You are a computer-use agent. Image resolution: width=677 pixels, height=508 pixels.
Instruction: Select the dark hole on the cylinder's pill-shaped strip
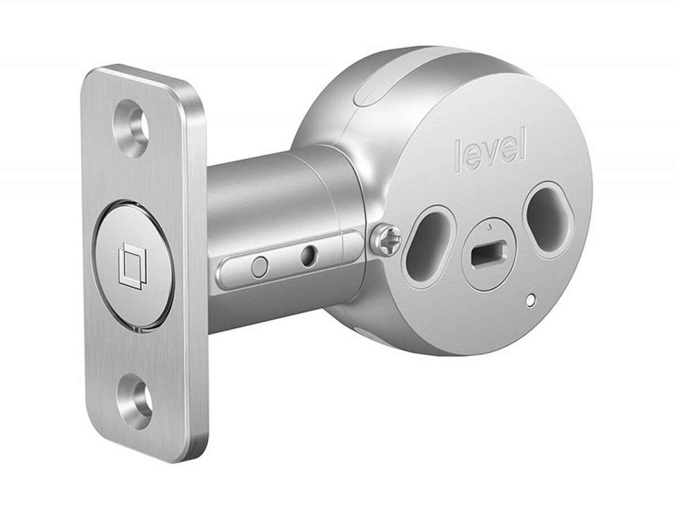[x=308, y=257]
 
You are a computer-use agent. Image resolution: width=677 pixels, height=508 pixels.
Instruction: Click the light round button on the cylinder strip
[x=260, y=266]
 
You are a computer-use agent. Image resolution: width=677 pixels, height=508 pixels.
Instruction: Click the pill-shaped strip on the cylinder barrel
[x=288, y=261]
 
